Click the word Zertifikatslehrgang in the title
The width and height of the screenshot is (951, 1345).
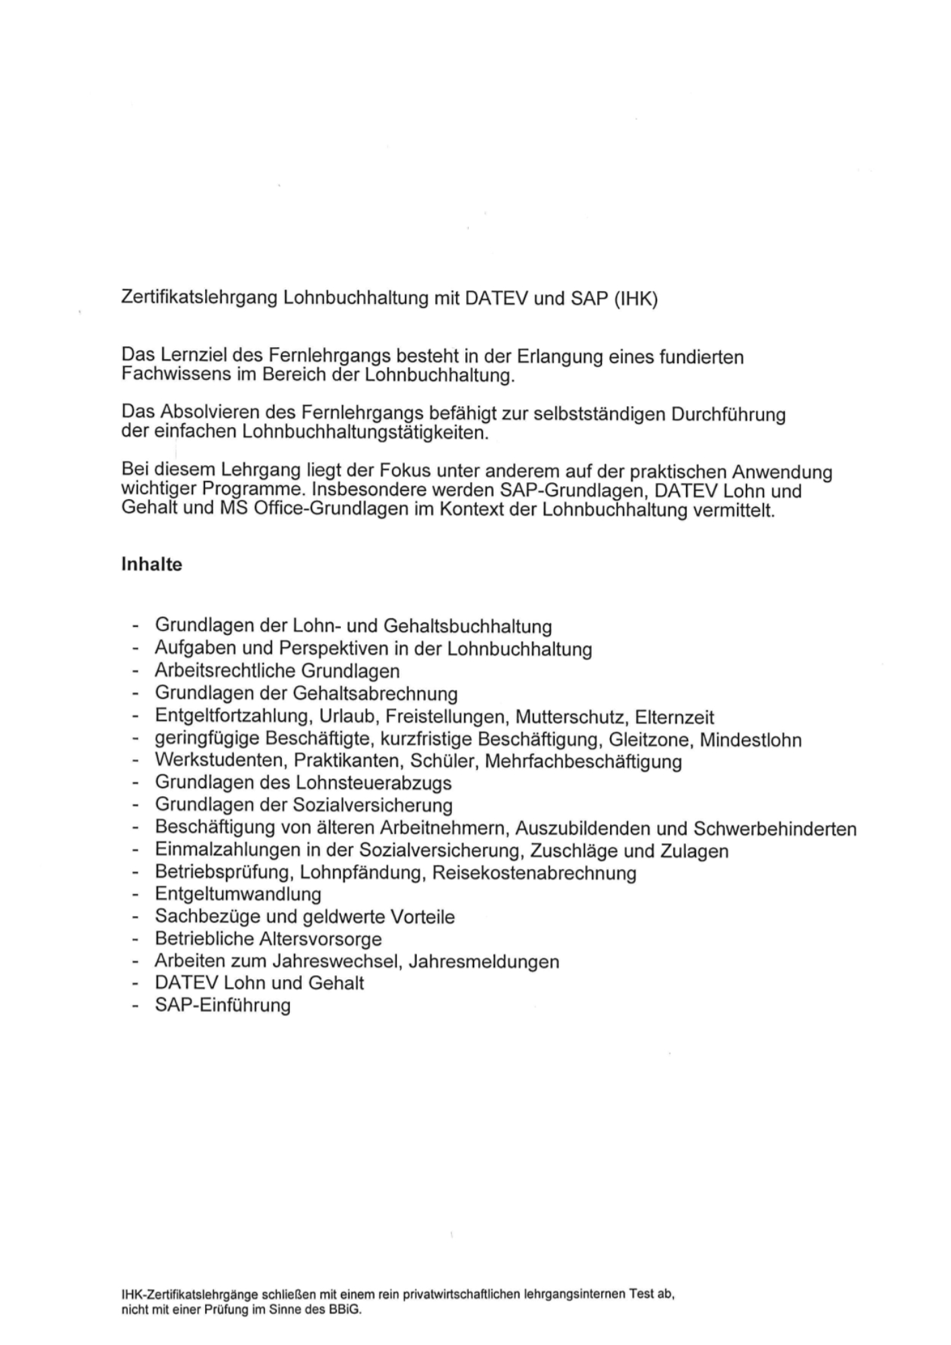[x=199, y=298]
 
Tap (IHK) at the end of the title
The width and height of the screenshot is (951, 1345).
[x=635, y=298]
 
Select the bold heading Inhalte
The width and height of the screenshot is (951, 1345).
[x=151, y=564]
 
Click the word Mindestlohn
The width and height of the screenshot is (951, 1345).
[x=751, y=740]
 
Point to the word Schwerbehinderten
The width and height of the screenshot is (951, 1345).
[x=775, y=829]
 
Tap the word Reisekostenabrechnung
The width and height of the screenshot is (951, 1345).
[x=534, y=873]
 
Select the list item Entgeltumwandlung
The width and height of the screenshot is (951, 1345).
[x=238, y=894]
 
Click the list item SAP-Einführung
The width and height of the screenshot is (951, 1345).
[x=223, y=1005]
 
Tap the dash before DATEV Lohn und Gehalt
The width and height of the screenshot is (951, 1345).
[x=136, y=984]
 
